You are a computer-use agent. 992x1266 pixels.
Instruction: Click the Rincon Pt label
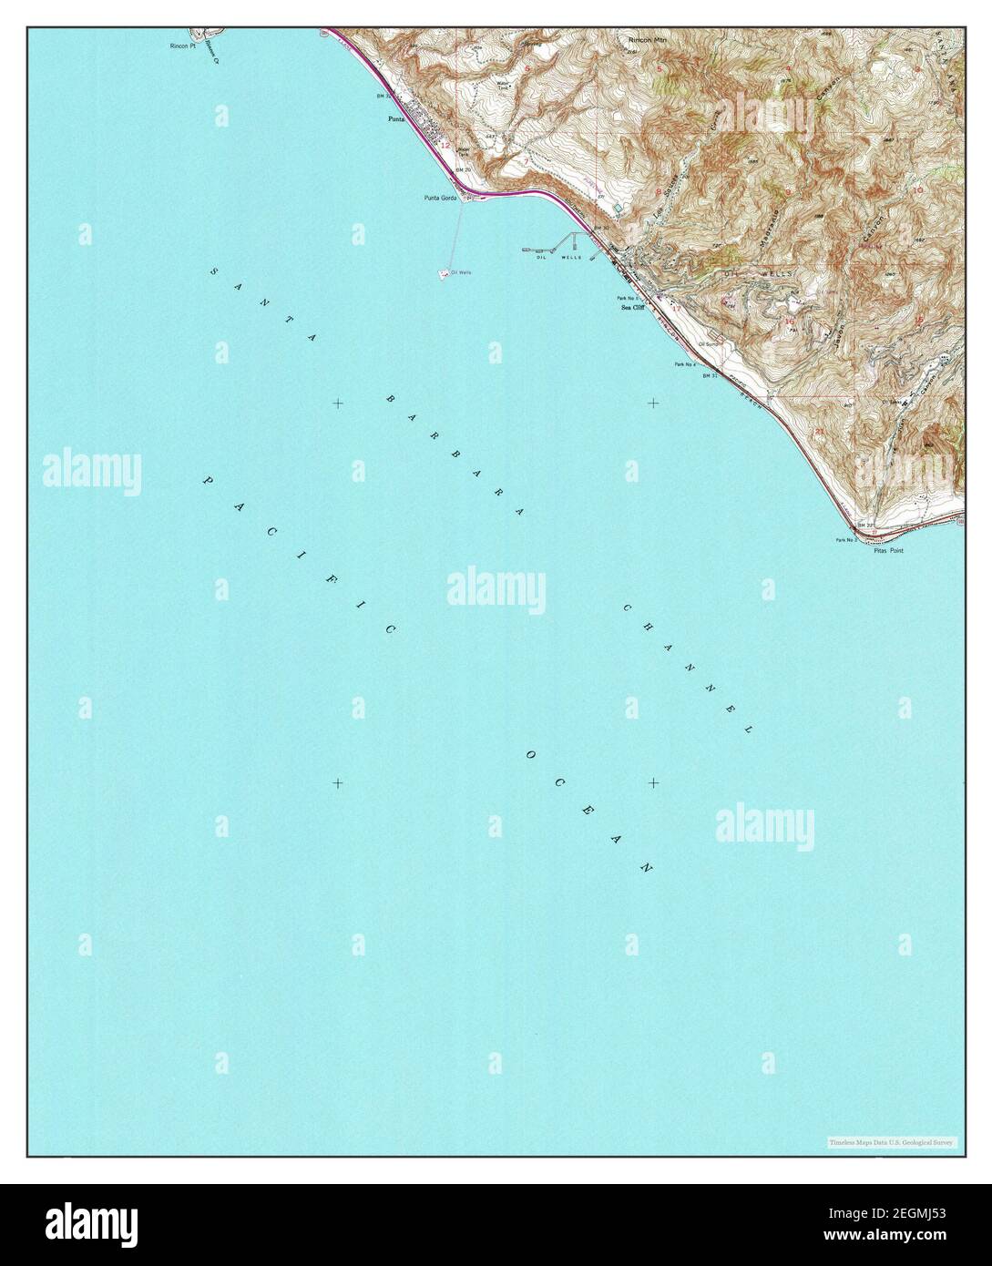(183, 44)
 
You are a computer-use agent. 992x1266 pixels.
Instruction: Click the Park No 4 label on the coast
(685, 364)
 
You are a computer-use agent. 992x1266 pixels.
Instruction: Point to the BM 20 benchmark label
(462, 170)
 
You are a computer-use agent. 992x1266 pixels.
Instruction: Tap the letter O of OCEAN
(528, 754)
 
